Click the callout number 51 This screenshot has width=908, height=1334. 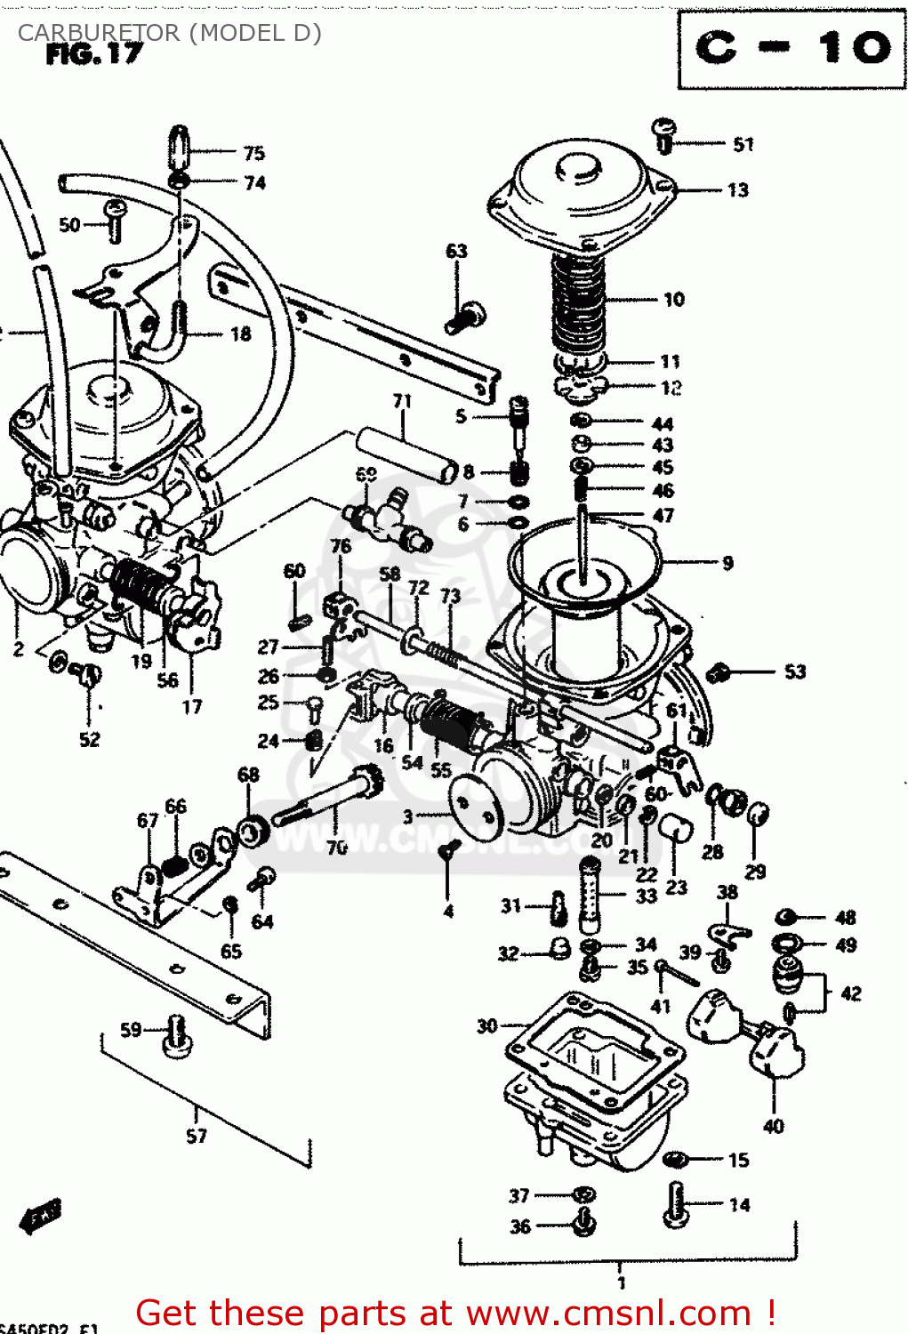[x=743, y=144]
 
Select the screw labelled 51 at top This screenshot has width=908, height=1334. [x=664, y=135]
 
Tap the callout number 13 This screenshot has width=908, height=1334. [x=737, y=190]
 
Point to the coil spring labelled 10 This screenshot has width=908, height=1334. [x=578, y=302]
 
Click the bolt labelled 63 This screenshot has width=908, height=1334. [x=466, y=317]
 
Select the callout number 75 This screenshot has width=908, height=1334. [x=254, y=153]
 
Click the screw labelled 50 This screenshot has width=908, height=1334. [x=116, y=220]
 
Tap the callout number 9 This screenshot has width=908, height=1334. [x=727, y=563]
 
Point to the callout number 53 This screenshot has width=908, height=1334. [x=794, y=672]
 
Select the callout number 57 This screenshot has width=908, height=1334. [x=197, y=1136]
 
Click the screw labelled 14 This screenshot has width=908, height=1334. [x=676, y=1205]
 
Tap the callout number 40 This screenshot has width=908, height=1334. [x=773, y=1127]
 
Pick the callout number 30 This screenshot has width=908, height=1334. [x=486, y=1026]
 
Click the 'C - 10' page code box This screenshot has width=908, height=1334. [x=791, y=49]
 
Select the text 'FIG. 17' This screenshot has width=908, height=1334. [x=93, y=55]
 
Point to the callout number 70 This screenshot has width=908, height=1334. [x=336, y=848]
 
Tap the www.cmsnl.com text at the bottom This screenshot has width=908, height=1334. [x=608, y=1313]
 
